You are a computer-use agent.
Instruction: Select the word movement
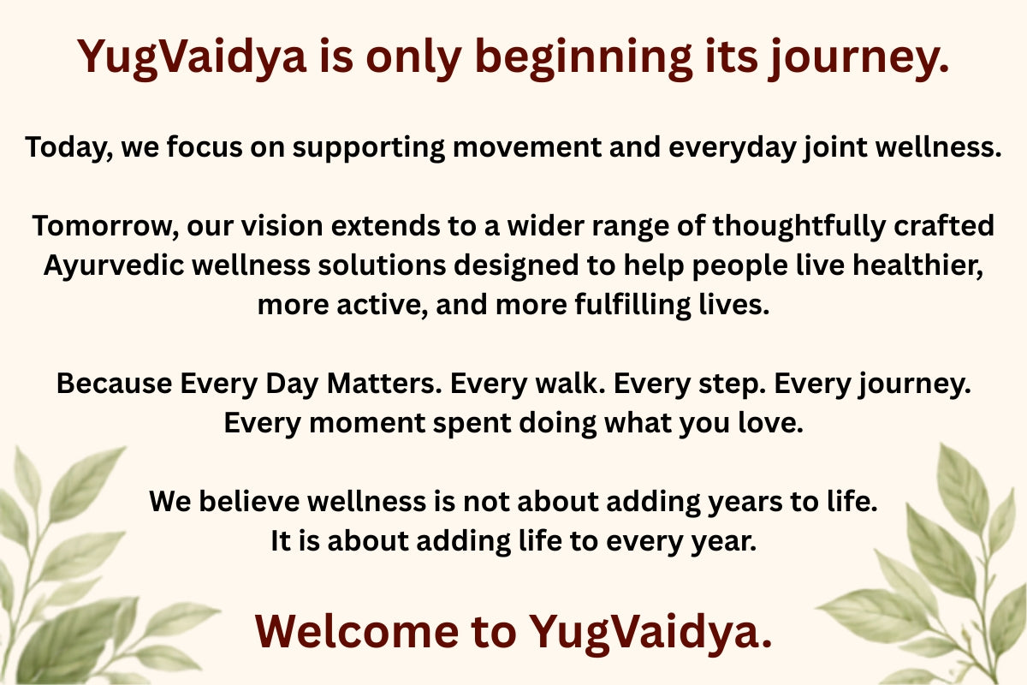pos(526,147)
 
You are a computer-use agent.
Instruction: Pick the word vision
pos(282,226)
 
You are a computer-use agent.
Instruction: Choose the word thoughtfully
pos(798,226)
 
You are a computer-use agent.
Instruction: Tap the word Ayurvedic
pos(114,265)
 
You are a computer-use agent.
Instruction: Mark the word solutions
pos(382,265)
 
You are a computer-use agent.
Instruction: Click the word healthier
pos(917,265)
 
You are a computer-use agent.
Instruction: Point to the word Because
pos(114,384)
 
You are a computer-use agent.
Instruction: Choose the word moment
pos(367,423)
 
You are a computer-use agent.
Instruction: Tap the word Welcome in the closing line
pos(357,631)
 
